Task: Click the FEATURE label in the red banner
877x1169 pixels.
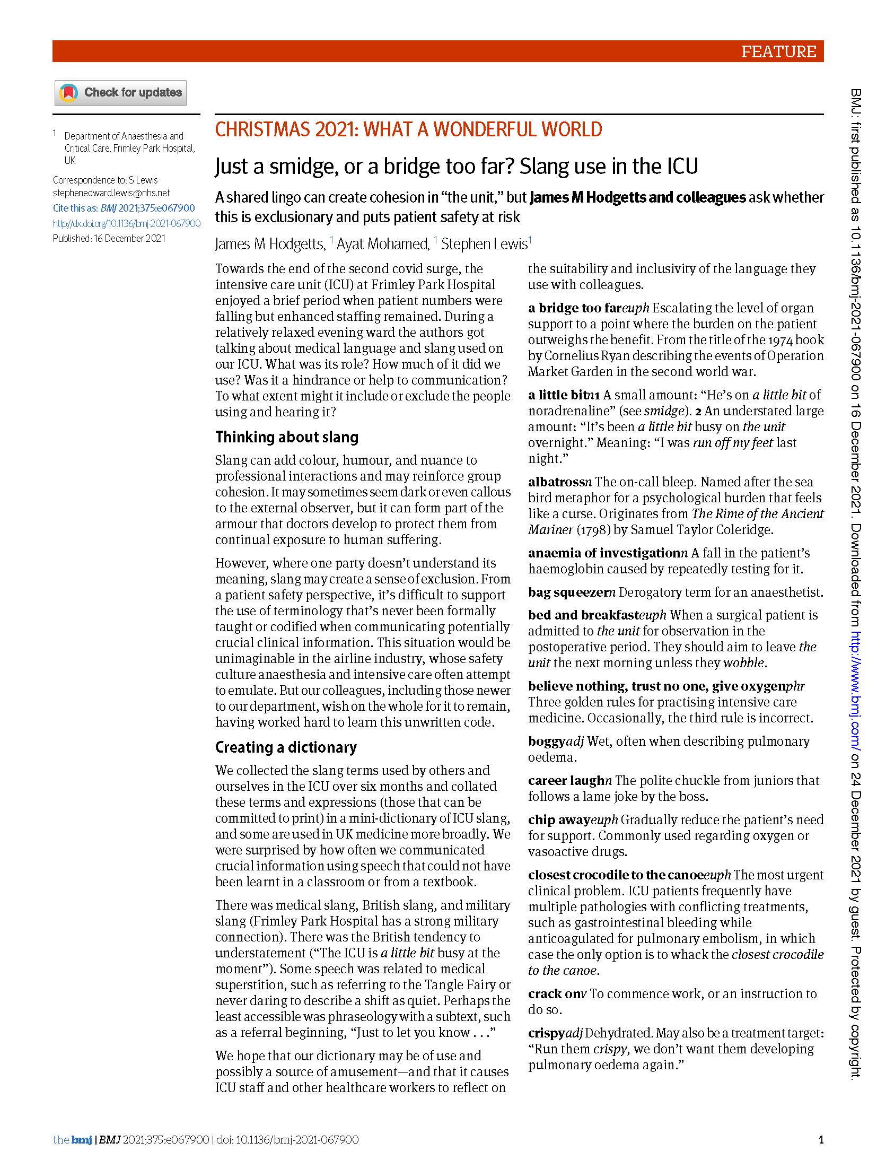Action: click(x=778, y=52)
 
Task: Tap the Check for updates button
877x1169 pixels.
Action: click(x=120, y=93)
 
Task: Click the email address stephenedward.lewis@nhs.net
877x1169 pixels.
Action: click(x=111, y=193)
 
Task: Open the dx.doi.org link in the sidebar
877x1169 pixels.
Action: click(x=127, y=223)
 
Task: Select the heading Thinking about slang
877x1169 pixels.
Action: click(x=286, y=437)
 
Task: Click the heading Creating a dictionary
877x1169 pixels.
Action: click(x=286, y=747)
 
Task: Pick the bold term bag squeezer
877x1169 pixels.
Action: click(x=568, y=592)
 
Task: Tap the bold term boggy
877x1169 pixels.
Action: click(x=547, y=741)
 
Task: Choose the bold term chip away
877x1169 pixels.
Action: click(x=559, y=819)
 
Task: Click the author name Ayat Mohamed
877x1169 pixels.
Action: click(x=382, y=244)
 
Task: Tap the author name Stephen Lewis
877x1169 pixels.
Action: click(x=484, y=244)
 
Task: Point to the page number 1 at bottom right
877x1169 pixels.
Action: click(x=821, y=1139)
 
